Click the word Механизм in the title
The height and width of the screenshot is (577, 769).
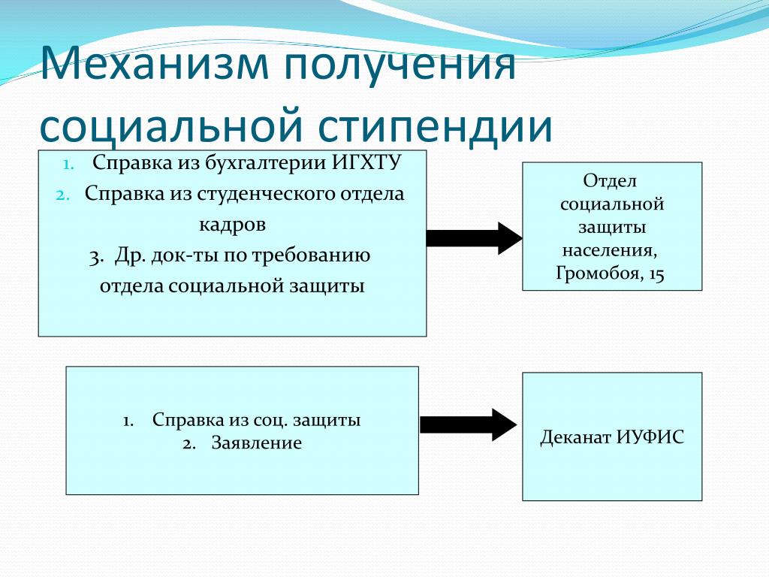(x=154, y=64)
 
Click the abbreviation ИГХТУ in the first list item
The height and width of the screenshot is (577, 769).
(x=366, y=162)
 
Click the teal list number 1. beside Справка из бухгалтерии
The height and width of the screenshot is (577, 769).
(x=68, y=164)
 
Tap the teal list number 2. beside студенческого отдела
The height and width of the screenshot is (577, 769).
(x=63, y=195)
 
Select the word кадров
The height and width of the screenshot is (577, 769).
(x=233, y=225)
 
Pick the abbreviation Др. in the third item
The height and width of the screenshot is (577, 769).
(x=131, y=256)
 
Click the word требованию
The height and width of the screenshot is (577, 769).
(x=312, y=256)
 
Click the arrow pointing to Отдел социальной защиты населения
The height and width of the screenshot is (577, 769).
(x=475, y=238)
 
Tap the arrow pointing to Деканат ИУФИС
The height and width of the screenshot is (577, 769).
(x=469, y=424)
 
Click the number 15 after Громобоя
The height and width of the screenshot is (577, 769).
(x=656, y=273)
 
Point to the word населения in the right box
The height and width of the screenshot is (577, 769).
(x=610, y=251)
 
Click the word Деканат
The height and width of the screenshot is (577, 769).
(x=574, y=437)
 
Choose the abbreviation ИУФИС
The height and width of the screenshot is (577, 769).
(x=650, y=437)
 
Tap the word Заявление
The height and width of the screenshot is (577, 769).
(x=257, y=443)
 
